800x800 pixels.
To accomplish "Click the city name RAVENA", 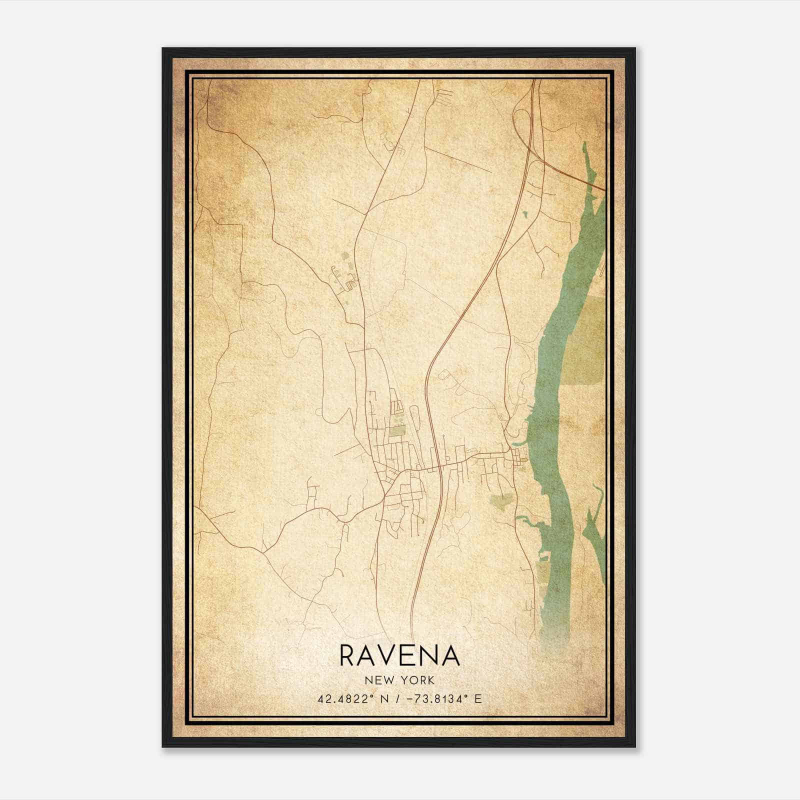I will coord(399,655).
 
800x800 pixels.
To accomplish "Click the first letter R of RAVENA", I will coord(348,655).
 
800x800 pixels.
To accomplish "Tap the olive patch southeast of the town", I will coord(501,501).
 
